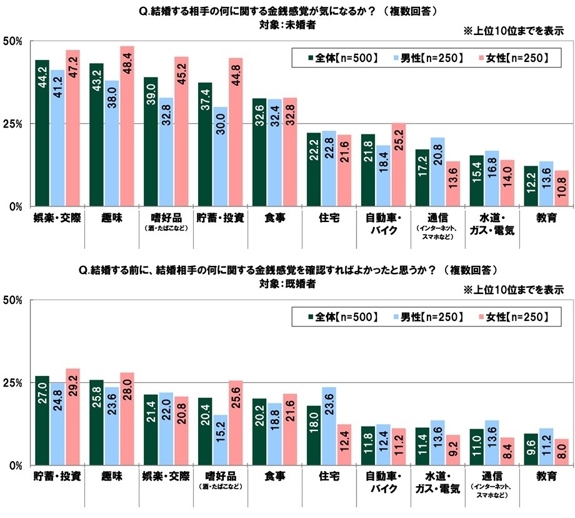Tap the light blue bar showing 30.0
[220, 156]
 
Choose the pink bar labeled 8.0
[561, 452]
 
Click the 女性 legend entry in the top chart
[511, 58]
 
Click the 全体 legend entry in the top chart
[338, 58]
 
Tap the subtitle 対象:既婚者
[287, 282]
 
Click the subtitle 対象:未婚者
[287, 25]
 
